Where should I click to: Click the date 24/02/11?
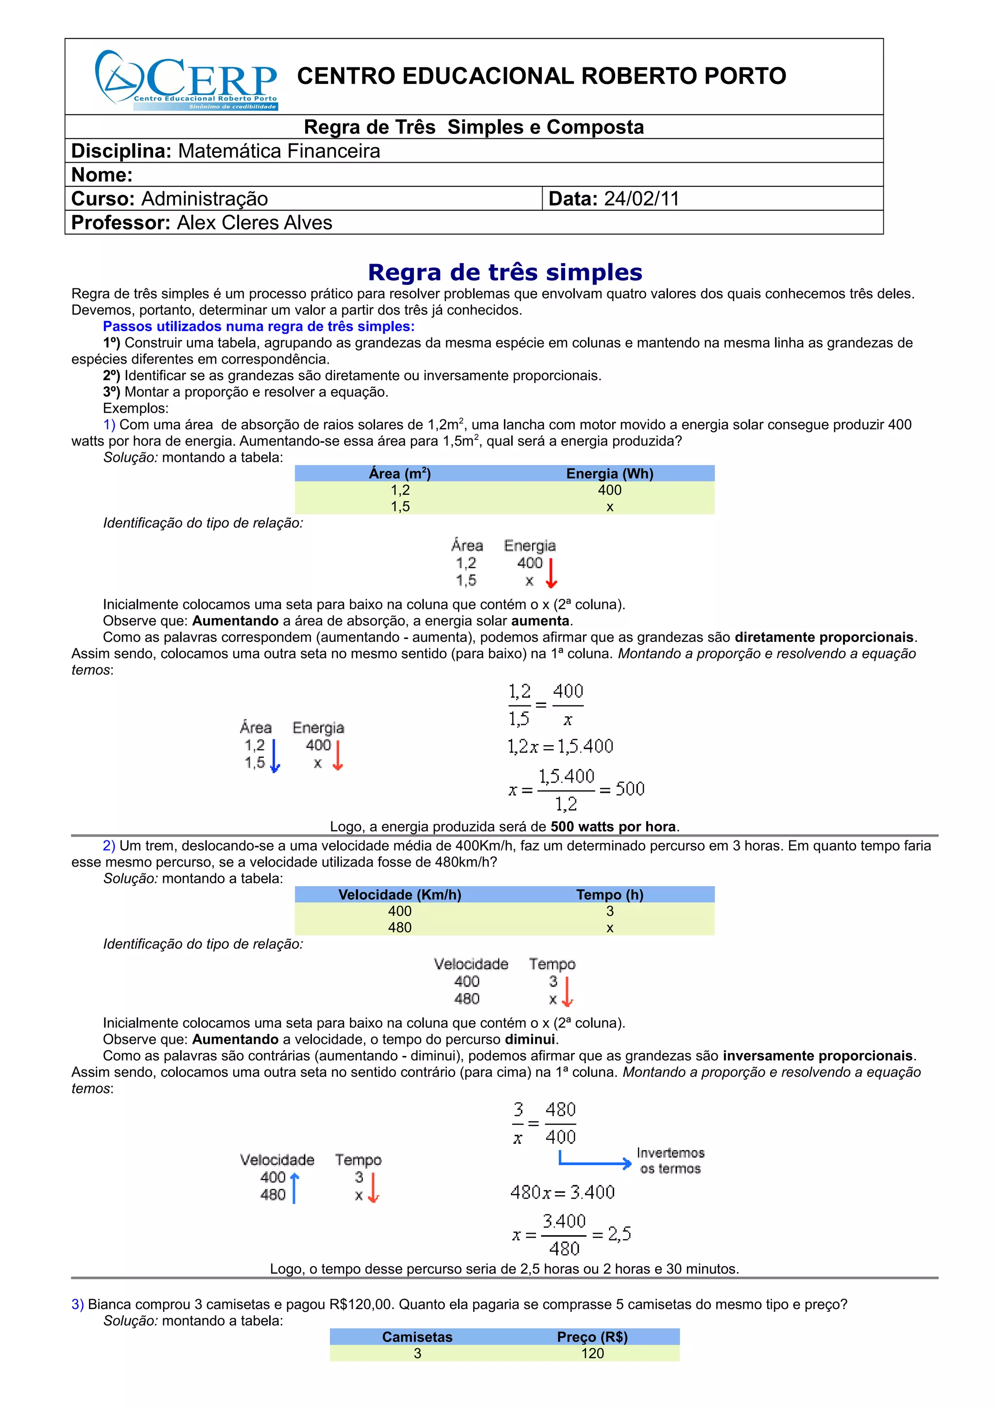coord(641,199)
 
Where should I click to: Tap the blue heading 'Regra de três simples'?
coord(505,272)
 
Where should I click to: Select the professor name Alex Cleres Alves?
coord(255,222)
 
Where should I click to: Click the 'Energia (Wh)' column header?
coord(609,473)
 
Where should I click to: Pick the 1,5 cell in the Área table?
coord(400,506)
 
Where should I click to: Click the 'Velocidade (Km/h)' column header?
coord(400,894)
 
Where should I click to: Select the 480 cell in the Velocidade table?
coord(400,927)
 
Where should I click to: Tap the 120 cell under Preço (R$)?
coord(592,1353)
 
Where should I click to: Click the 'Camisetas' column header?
coord(417,1337)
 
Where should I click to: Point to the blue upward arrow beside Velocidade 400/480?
coord(294,1188)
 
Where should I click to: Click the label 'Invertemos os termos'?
coord(670,1161)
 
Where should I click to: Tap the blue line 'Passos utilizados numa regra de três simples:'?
coord(259,326)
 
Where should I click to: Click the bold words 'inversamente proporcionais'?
coord(817,1055)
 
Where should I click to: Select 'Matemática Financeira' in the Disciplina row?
coord(279,151)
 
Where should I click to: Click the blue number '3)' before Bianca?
coord(77,1304)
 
